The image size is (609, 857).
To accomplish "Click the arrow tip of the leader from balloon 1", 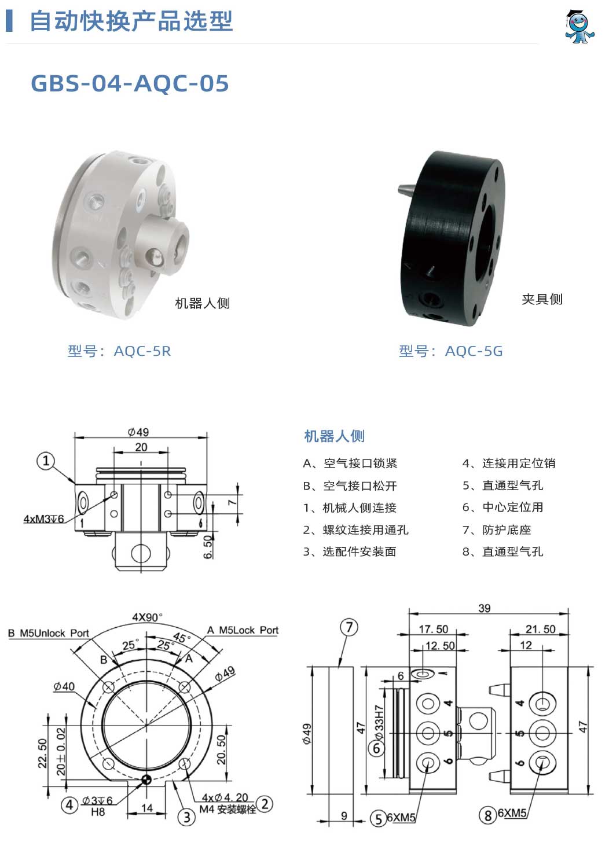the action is pyautogui.click(x=75, y=483).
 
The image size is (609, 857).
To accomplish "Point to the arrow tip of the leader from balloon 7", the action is pyautogui.click(x=340, y=667).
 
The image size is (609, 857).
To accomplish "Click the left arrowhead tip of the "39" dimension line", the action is pyautogui.click(x=409, y=614).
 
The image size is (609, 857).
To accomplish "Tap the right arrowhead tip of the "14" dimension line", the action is pyautogui.click(x=166, y=814).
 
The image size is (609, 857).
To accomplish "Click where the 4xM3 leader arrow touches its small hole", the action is pyautogui.click(x=113, y=495).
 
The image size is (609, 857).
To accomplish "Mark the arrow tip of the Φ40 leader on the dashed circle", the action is pyautogui.click(x=96, y=708).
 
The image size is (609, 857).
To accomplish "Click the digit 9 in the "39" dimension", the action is pyautogui.click(x=487, y=608).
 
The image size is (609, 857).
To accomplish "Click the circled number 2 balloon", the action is pyautogui.click(x=265, y=804).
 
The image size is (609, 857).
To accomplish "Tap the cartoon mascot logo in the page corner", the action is pyautogui.click(x=579, y=27).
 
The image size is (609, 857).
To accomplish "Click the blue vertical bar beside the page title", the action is pyautogui.click(x=9, y=21).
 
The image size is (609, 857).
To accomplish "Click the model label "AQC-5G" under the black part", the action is pyautogui.click(x=474, y=351).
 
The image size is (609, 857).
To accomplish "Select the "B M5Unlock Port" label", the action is pyautogui.click(x=48, y=633).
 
